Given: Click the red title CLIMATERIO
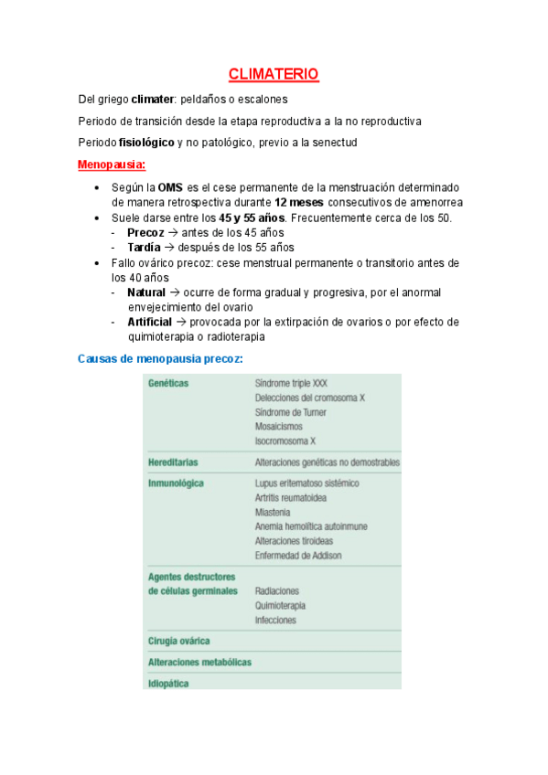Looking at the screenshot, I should click(273, 75).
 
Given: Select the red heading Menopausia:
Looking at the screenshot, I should click(112, 165).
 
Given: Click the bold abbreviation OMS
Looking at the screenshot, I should click(170, 187).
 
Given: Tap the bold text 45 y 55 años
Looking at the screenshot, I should click(253, 218).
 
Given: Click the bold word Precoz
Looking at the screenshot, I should click(145, 232).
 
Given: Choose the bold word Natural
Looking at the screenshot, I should click(146, 292).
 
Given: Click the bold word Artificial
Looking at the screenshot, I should click(149, 322).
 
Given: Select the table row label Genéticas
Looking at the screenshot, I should click(168, 384).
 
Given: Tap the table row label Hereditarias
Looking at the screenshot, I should click(173, 462).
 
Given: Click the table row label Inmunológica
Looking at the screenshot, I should click(176, 483).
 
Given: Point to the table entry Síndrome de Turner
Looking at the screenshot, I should click(291, 412).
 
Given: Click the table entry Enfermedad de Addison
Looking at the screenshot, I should click(303, 556).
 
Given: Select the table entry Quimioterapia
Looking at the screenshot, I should click(280, 605).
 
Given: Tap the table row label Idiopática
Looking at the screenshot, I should click(169, 682).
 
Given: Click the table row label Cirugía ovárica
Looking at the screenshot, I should click(179, 641).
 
